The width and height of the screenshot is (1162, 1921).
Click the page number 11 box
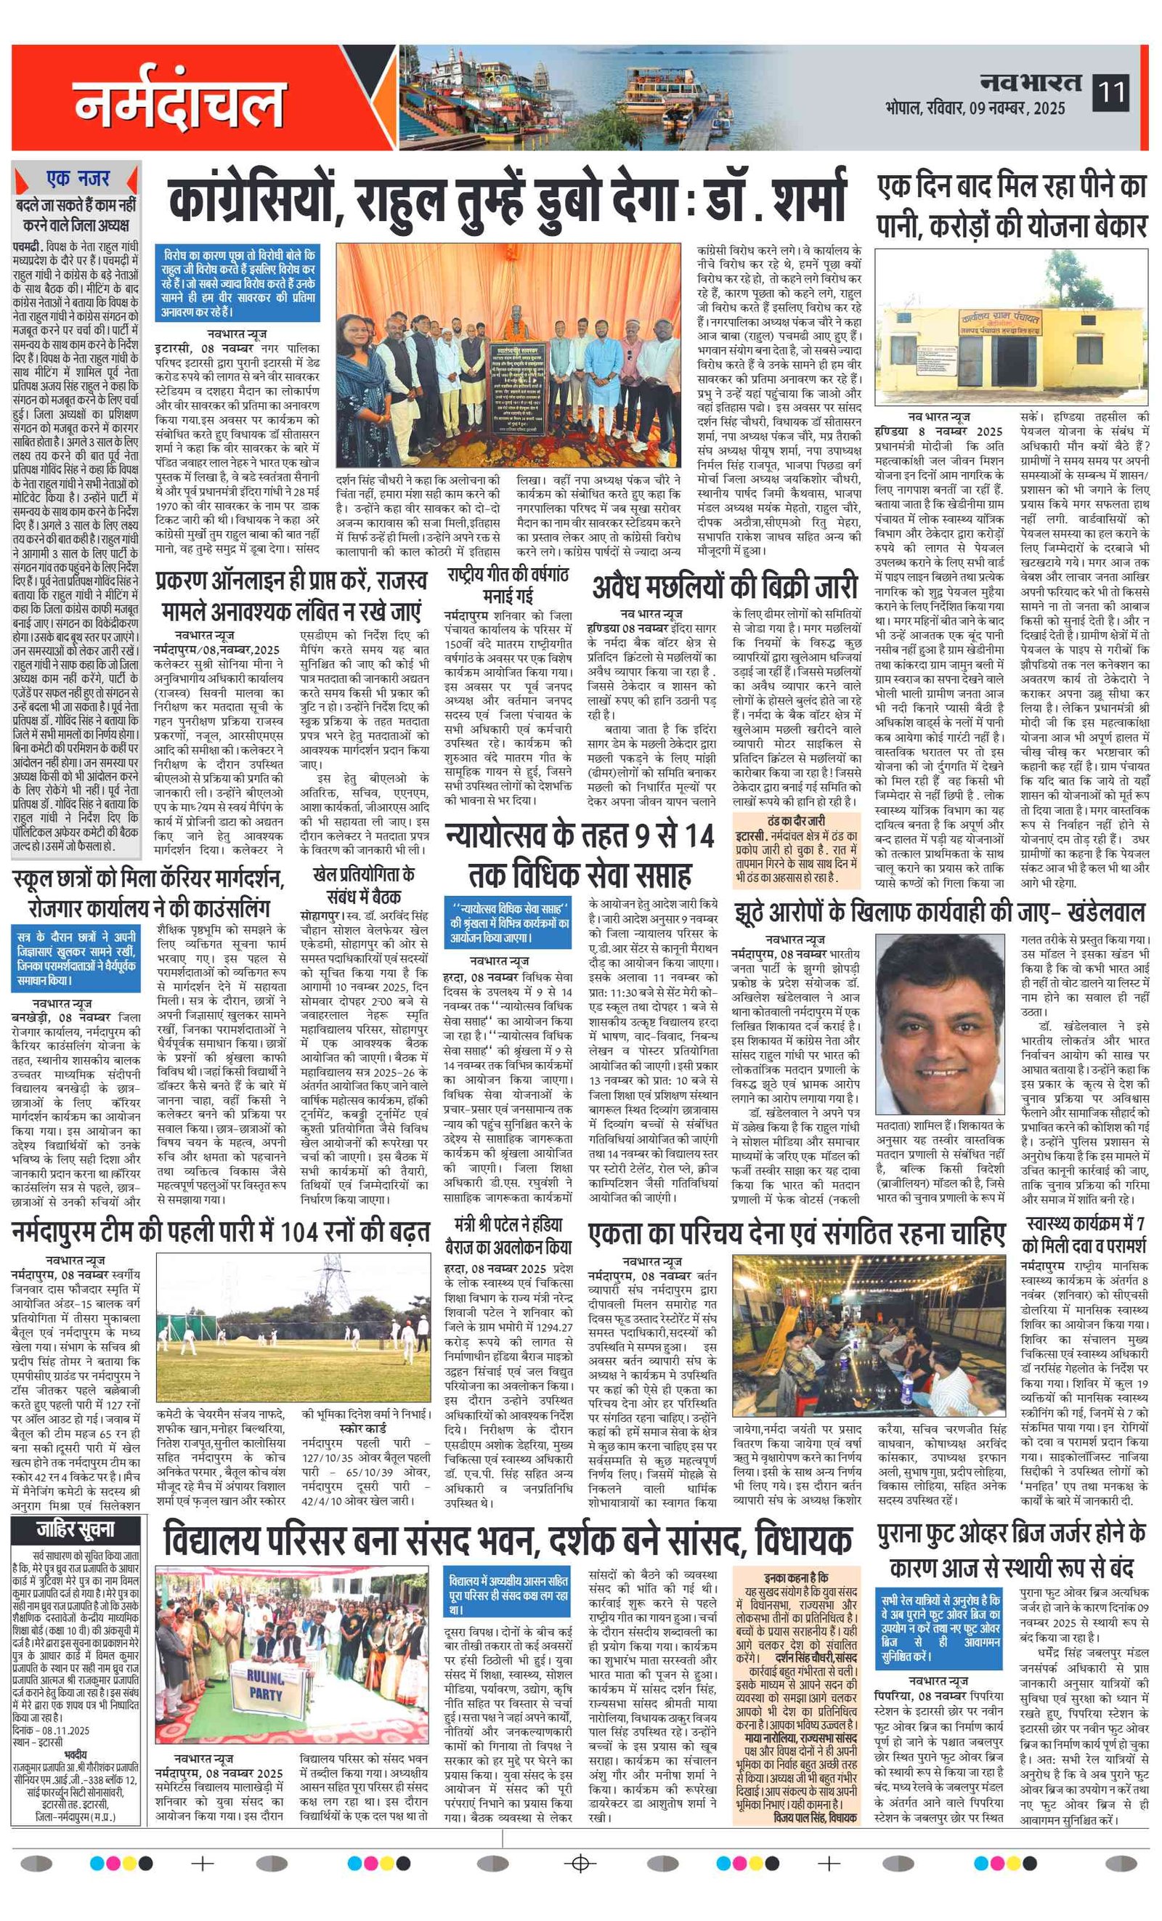pos(1110,93)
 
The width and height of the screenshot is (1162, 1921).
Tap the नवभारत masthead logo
pos(1031,82)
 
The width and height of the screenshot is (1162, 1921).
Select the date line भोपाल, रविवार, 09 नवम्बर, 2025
pos(975,108)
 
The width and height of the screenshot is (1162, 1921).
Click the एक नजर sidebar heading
pos(77,179)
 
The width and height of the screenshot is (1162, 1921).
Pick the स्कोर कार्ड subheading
pos(362,1428)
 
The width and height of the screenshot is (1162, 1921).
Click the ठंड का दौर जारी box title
pos(796,821)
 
